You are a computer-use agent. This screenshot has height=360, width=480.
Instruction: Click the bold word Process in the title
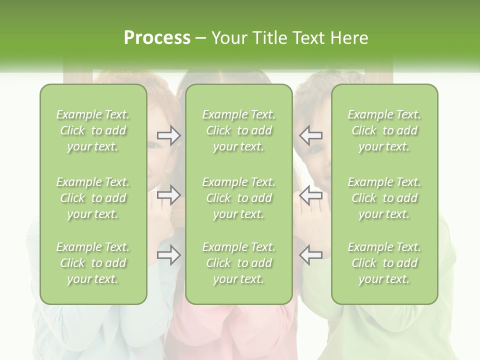tap(157, 38)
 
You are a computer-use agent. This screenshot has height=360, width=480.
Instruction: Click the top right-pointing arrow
tap(168, 135)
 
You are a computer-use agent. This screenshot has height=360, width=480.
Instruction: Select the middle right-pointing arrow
tap(168, 195)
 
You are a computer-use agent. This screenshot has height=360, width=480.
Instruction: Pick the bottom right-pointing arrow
tap(168, 255)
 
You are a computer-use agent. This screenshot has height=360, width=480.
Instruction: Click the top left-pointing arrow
tap(311, 135)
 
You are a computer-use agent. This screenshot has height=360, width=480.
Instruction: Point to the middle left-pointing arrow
tap(311, 195)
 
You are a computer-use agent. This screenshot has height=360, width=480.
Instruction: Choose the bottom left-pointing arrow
tap(311, 255)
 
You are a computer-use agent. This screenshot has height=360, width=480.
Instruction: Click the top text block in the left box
tap(93, 130)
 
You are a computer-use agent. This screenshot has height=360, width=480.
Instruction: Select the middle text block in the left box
tap(93, 198)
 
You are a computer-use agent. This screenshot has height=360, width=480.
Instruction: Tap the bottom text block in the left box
tap(93, 263)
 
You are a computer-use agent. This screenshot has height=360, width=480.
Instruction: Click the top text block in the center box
tap(239, 130)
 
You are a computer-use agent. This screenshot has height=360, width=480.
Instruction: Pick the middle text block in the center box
tap(239, 198)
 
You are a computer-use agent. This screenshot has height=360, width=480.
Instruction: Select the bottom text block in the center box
tap(239, 263)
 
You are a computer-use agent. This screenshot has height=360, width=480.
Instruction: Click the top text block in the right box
tap(384, 130)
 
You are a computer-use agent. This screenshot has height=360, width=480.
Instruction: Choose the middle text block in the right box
tap(384, 198)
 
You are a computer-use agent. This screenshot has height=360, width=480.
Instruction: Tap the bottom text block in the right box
tap(384, 263)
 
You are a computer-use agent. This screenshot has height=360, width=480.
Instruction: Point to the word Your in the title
tap(228, 38)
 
